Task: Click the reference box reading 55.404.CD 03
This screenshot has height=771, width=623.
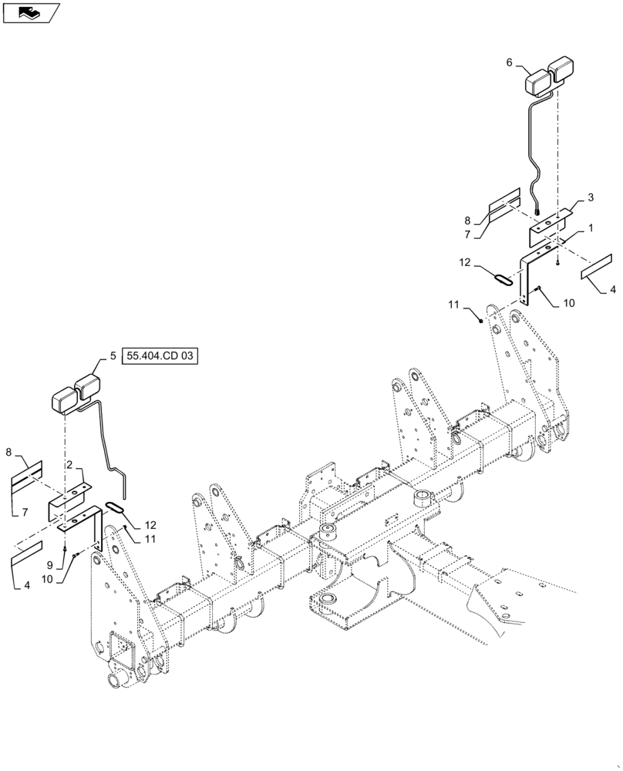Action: pos(160,356)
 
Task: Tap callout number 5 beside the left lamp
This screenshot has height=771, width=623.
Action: pos(113,356)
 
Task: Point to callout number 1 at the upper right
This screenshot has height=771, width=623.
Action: pos(590,229)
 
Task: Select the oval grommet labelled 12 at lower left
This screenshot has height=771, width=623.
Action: pos(116,506)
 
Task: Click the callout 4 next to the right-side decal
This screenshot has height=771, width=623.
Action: pos(613,290)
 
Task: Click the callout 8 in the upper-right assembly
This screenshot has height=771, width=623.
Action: pos(477,221)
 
